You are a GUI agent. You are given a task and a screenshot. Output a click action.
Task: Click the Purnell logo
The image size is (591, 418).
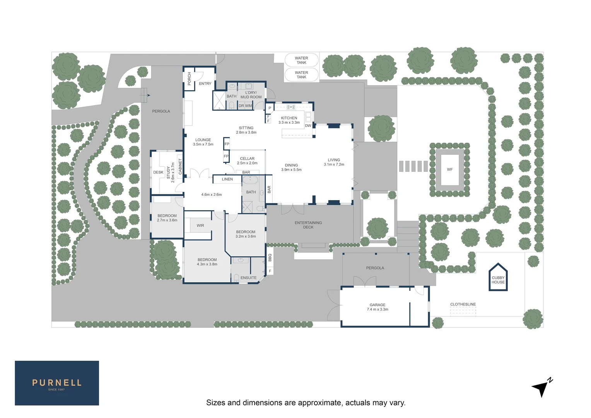pyautogui.click(x=57, y=383)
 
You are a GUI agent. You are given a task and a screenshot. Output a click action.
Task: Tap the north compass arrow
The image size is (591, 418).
pyautogui.click(x=542, y=387)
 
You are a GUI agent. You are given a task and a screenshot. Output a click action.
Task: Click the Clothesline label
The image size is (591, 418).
pyautogui.click(x=463, y=304)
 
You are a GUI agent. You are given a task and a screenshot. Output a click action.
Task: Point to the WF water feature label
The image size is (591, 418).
pyautogui.click(x=449, y=170)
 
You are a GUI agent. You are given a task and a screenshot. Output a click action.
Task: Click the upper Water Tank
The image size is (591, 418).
pyautogui.click(x=301, y=60)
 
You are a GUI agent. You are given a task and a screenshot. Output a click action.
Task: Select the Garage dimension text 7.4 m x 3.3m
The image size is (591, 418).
pyautogui.click(x=377, y=309)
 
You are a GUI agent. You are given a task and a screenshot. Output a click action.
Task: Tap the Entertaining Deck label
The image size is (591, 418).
pyautogui.click(x=308, y=225)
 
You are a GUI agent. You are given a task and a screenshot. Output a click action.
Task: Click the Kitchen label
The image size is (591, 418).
pyautogui.click(x=289, y=118)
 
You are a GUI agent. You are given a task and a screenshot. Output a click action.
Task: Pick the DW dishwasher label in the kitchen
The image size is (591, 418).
pyautogui.click(x=308, y=126)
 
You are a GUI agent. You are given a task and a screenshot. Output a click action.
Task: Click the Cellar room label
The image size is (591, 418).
pyautogui.click(x=247, y=159)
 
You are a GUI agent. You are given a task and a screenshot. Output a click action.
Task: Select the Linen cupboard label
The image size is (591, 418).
pyautogui.click(x=227, y=179)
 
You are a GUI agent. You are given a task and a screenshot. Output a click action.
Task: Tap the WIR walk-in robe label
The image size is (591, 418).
pyautogui.click(x=200, y=226)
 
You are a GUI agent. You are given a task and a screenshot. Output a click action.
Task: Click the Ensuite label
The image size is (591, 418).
pyautogui.click(x=248, y=278)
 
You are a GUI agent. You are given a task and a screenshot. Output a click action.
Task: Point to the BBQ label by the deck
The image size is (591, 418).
pyautogui.click(x=270, y=258)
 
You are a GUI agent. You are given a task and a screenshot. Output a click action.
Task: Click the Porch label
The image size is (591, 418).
pyautogui.click(x=189, y=79)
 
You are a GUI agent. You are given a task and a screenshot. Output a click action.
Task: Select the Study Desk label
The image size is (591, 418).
pyautogui.click(x=158, y=173)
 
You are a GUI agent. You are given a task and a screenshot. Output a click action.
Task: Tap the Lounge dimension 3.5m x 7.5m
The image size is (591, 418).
pyautogui.click(x=203, y=144)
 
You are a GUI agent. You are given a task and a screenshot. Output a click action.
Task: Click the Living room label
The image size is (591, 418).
pyautogui.click(x=334, y=160)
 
